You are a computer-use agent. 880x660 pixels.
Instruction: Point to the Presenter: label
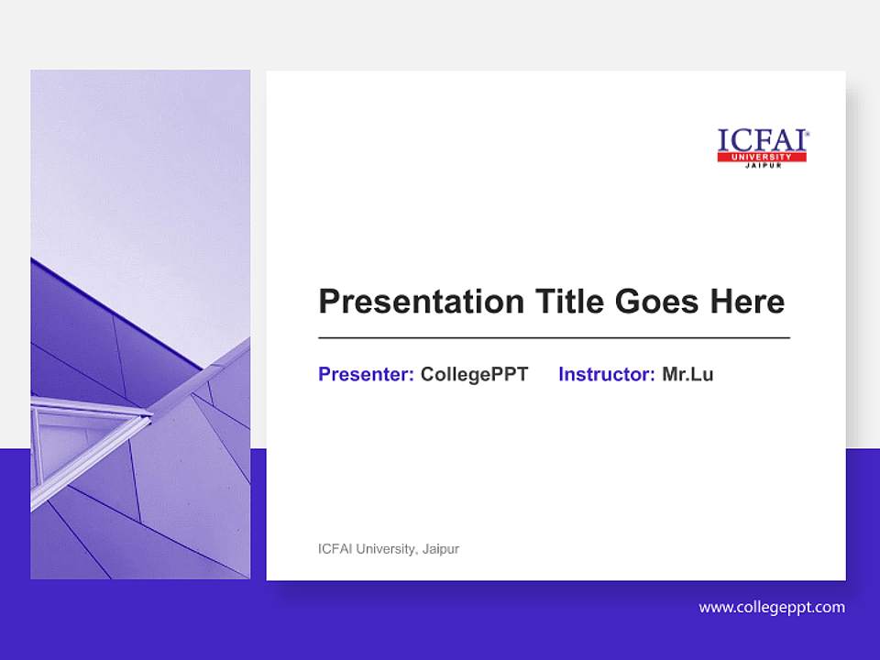(366, 374)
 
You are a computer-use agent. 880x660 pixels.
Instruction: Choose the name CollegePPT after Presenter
(474, 374)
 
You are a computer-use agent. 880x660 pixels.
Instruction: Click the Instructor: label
(606, 374)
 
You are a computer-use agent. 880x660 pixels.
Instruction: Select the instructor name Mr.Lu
(687, 374)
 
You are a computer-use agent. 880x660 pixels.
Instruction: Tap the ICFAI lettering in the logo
(760, 140)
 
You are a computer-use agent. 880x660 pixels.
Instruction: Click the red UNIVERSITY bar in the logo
(762, 158)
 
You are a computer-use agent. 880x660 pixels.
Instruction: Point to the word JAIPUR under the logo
(762, 166)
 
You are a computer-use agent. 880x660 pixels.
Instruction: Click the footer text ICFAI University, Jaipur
(388, 549)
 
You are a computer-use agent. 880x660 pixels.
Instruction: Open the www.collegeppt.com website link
(772, 607)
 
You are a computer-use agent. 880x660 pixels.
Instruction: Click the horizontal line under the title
(554, 338)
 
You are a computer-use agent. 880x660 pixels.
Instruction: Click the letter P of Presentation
(327, 302)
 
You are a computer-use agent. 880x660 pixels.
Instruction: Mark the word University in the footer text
(386, 549)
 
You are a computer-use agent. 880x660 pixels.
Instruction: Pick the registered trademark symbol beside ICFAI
(808, 133)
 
